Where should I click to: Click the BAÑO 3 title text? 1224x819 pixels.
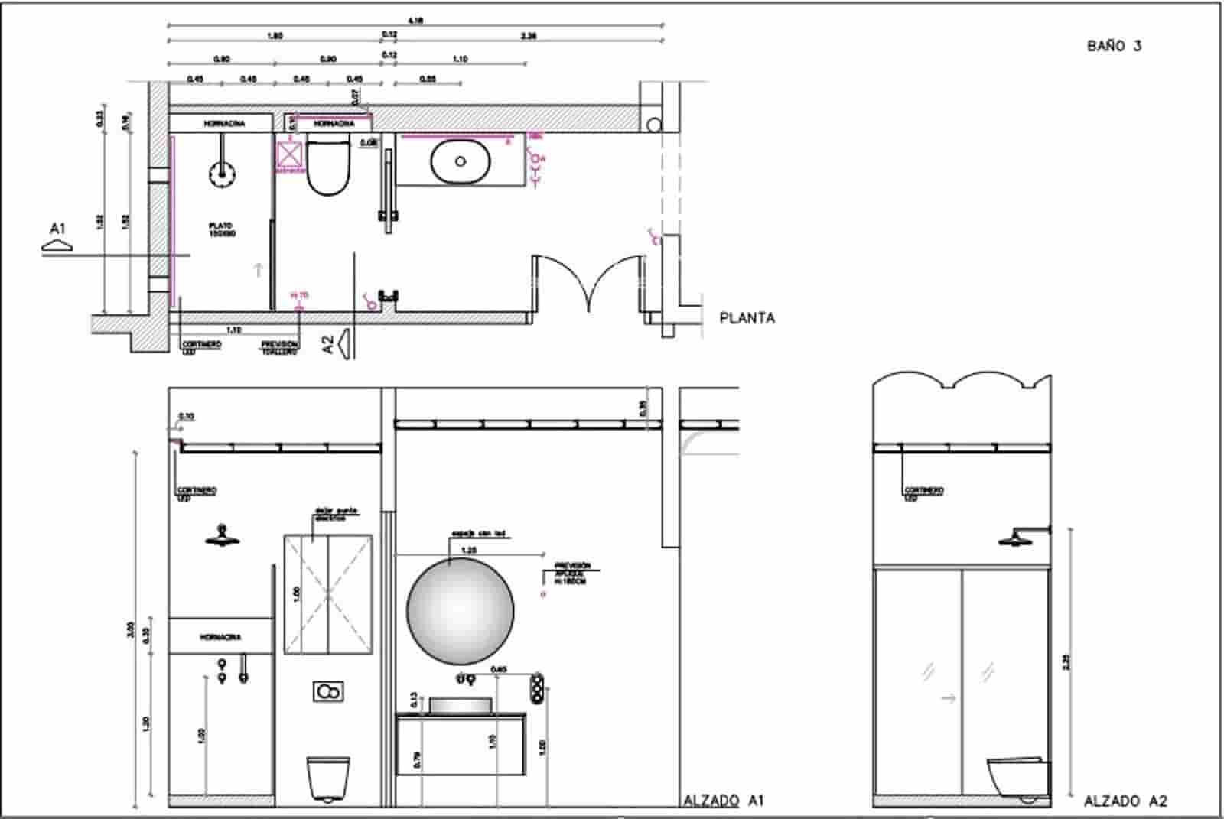pos(1114,46)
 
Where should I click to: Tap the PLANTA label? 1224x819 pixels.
pos(747,318)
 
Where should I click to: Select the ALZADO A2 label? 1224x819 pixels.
pos(1125,801)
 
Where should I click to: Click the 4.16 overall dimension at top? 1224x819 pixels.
pos(415,21)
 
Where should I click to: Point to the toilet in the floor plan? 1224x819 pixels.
pos(328,166)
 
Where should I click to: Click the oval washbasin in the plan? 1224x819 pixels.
pos(460,161)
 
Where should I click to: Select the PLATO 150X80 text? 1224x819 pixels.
pos(222,229)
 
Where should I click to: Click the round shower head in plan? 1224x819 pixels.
pos(222,174)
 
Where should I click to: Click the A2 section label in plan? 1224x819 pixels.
pos(329,344)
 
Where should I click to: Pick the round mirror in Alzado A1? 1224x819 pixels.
pos(460,611)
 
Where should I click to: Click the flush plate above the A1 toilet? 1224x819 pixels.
pos(328,692)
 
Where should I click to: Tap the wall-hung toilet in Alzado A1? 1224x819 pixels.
pos(328,778)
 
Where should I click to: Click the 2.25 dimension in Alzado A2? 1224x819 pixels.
pos(1066,661)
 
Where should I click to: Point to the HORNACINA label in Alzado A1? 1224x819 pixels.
pos(220,637)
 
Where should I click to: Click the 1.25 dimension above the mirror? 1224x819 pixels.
pos(469,550)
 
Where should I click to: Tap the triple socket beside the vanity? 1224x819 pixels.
pos(538,686)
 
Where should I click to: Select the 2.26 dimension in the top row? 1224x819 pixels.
pos(528,36)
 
